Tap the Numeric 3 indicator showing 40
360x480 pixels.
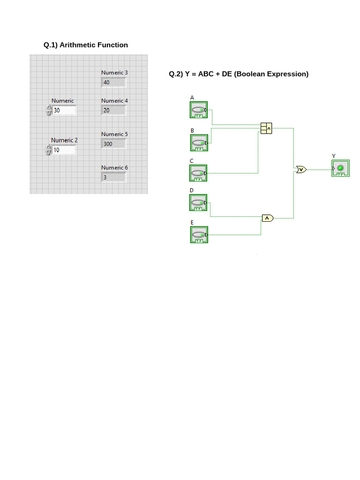click(113, 82)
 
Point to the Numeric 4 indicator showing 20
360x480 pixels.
click(113, 111)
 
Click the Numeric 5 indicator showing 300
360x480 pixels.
click(113, 144)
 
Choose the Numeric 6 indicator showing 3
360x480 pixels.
click(113, 178)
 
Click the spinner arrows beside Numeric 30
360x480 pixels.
click(48, 111)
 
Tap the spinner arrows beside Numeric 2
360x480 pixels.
click(48, 150)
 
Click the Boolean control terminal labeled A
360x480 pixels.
click(199, 110)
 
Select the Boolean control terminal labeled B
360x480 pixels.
click(199, 142)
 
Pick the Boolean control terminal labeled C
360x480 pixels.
click(199, 173)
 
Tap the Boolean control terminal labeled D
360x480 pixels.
click(199, 202)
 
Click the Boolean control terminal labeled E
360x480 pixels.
click(199, 234)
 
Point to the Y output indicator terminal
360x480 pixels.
click(341, 168)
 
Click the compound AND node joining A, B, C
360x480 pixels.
click(266, 128)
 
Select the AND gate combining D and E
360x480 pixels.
click(267, 218)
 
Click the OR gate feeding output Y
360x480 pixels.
click(301, 169)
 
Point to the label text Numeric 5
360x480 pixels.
click(114, 134)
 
